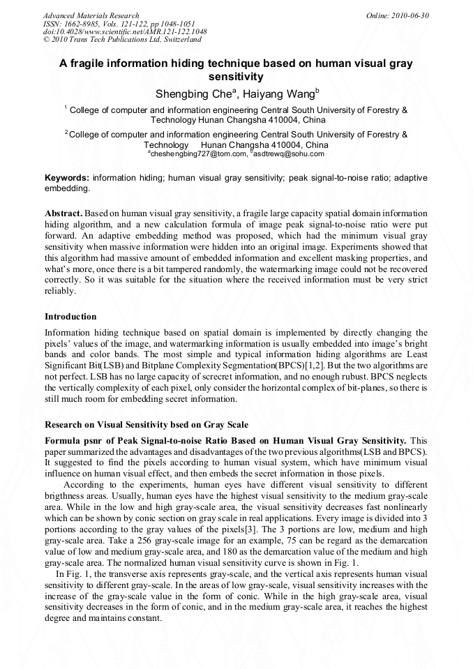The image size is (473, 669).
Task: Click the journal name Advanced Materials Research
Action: coord(91,15)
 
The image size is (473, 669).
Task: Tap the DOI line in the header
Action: coord(125,32)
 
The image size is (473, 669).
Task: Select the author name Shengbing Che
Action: coord(188,94)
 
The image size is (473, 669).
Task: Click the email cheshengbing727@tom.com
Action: coord(198,153)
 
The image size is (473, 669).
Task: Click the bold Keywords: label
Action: coord(67,178)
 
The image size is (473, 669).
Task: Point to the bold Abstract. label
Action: coord(64,212)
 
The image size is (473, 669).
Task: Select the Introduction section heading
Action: coord(70,316)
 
